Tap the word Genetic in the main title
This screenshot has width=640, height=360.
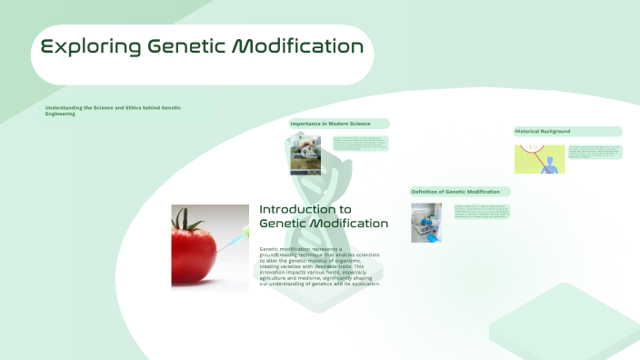[190, 46]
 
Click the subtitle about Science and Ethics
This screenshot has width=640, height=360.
[113, 111]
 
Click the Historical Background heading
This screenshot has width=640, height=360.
[544, 131]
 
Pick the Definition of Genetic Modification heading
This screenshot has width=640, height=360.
[455, 192]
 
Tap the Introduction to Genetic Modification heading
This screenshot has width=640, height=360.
[323, 216]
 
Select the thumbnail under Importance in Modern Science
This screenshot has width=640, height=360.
[305, 154]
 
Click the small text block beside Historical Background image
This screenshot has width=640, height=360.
[595, 152]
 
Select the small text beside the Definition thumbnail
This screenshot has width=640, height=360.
[482, 212]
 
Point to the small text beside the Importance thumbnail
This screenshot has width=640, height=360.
[359, 143]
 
